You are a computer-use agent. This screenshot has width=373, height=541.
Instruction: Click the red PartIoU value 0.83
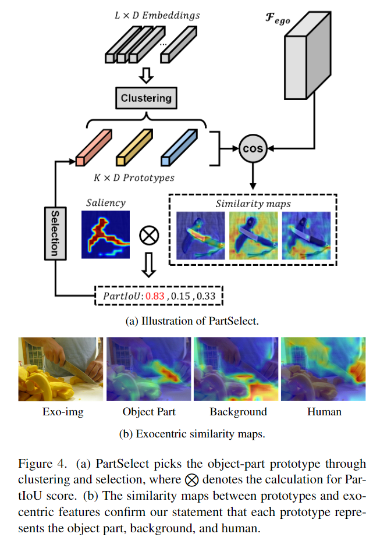pyautogui.click(x=155, y=297)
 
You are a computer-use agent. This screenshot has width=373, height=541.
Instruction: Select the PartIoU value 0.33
pyautogui.click(x=206, y=297)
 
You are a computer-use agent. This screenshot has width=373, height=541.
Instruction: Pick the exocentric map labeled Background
pyautogui.click(x=236, y=368)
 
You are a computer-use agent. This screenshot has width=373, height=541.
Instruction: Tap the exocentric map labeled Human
pyautogui.click(x=323, y=368)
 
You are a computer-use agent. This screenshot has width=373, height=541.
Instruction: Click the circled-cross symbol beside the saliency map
pyautogui.click(x=149, y=236)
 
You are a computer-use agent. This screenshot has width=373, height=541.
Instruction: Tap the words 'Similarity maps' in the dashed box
pyautogui.click(x=253, y=204)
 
